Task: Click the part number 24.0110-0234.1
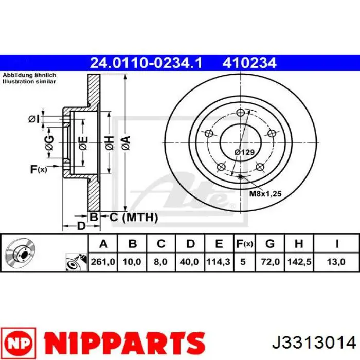[x=146, y=63]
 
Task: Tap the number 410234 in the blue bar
[x=249, y=63]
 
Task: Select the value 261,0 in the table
[x=103, y=262]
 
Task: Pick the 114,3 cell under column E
[x=219, y=262]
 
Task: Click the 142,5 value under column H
[x=299, y=262]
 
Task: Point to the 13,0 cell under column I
[x=336, y=262]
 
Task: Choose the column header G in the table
[x=270, y=244]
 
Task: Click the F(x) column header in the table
[x=244, y=244]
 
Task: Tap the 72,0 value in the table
[x=270, y=262]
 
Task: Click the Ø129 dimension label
[x=244, y=152]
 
